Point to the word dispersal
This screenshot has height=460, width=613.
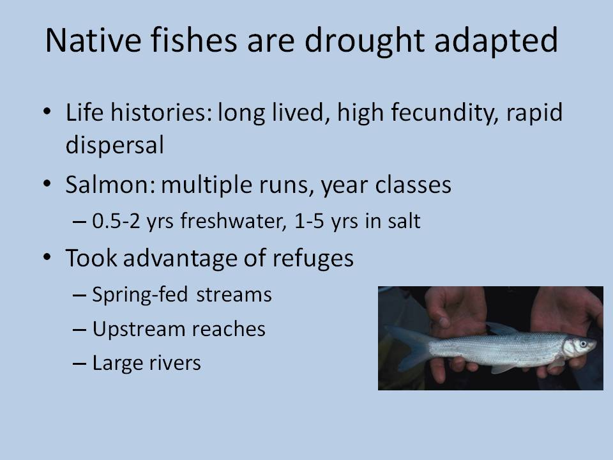click(x=114, y=146)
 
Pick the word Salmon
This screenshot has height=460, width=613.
click(x=110, y=184)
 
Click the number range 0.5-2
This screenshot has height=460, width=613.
click(x=116, y=221)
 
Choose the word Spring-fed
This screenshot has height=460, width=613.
click(x=140, y=296)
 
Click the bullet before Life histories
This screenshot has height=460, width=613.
click(x=47, y=112)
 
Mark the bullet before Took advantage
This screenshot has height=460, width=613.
click(x=47, y=257)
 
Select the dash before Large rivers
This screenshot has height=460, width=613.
click(x=79, y=364)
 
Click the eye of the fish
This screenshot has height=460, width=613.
click(x=583, y=344)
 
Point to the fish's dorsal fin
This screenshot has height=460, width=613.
click(x=501, y=328)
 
